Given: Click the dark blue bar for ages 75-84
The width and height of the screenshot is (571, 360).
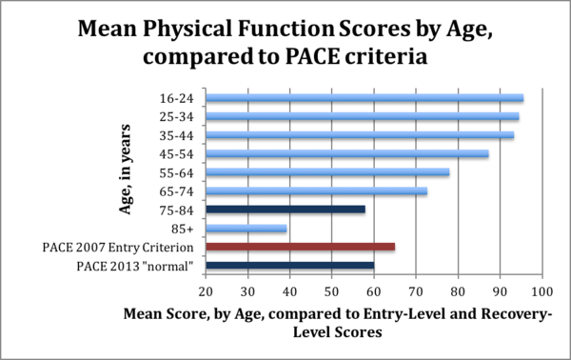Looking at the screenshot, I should (x=285, y=209).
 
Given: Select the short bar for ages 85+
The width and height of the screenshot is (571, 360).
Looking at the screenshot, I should (x=246, y=228).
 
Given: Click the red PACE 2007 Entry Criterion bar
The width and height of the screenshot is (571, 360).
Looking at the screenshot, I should (x=300, y=247).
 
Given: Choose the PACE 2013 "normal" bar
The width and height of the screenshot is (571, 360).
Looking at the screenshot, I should (x=289, y=265).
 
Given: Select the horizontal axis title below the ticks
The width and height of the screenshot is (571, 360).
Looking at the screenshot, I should (x=338, y=323).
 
